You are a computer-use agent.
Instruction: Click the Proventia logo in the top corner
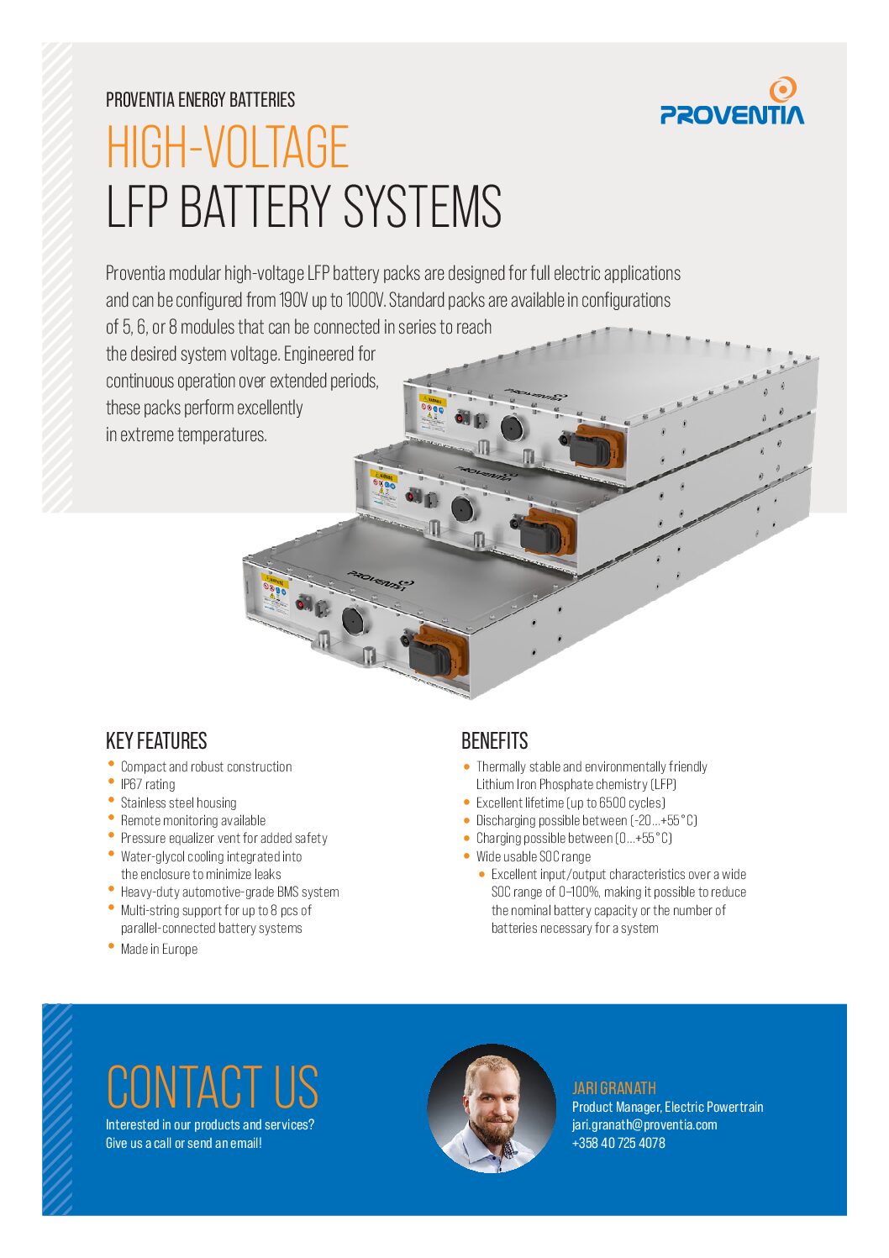(732, 101)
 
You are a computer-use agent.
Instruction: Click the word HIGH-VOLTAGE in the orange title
(228, 146)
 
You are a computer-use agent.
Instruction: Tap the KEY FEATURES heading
(156, 740)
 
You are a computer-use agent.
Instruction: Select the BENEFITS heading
(494, 740)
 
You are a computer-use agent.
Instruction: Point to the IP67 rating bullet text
(148, 785)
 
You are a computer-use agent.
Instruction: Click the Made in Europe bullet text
(159, 949)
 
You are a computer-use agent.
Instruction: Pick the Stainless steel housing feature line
(179, 803)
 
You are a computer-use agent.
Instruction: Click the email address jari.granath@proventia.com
(644, 1125)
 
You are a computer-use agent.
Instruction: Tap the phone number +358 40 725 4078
(618, 1143)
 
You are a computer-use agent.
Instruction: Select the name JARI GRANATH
(614, 1088)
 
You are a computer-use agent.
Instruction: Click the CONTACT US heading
(213, 1087)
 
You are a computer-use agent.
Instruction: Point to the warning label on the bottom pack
(275, 594)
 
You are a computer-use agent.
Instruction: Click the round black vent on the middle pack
(462, 509)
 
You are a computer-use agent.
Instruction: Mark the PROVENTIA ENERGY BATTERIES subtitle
(201, 100)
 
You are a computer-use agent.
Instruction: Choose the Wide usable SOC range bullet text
(534, 856)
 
